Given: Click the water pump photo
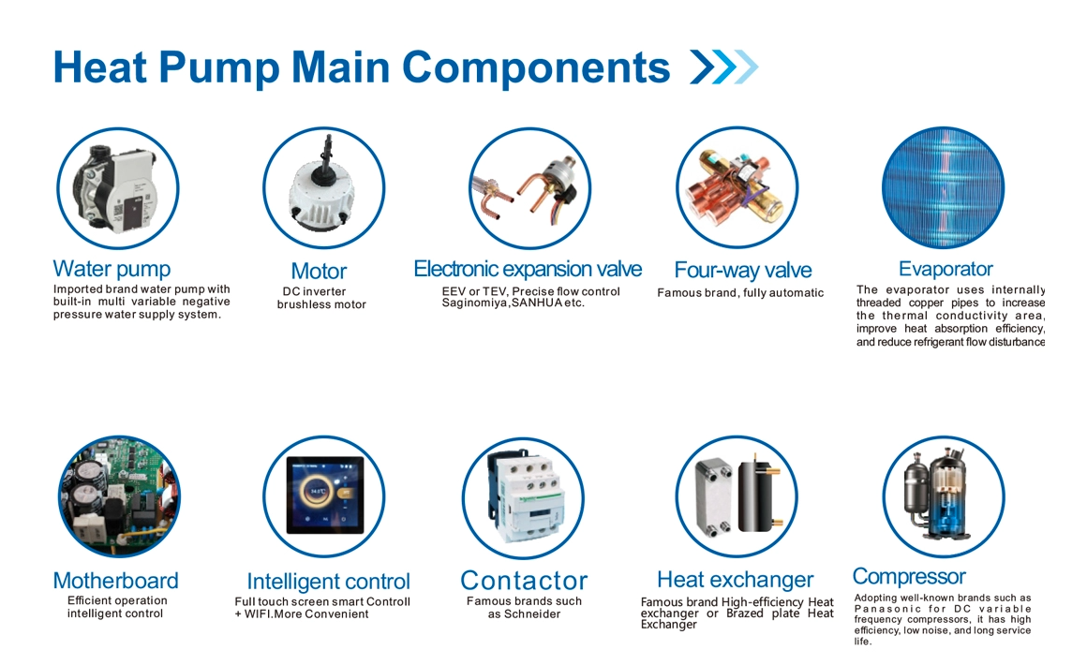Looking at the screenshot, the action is pyautogui.click(x=118, y=188).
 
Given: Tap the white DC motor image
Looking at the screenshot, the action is pyautogui.click(x=323, y=187).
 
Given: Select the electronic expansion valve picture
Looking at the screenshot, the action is pyautogui.click(x=530, y=188).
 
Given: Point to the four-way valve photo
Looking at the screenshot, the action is pyautogui.click(x=737, y=187).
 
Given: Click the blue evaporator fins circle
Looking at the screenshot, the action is pyautogui.click(x=943, y=187).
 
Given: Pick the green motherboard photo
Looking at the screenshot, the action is pyautogui.click(x=119, y=496).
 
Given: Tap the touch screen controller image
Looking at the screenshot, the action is pyautogui.click(x=324, y=496).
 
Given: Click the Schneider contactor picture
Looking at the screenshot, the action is pyautogui.click(x=524, y=498).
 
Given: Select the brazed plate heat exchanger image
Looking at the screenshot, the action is pyautogui.click(x=737, y=496).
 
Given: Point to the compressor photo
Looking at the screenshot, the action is pyautogui.click(x=944, y=496).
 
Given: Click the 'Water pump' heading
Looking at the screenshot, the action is pyautogui.click(x=112, y=269).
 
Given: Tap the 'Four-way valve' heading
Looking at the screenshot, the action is pyautogui.click(x=742, y=270).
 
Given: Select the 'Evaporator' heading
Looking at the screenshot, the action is pyautogui.click(x=946, y=269).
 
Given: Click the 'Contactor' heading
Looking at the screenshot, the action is pyautogui.click(x=524, y=581).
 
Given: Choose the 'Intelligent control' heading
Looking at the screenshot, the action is pyautogui.click(x=329, y=582).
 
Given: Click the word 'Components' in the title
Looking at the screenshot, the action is pyautogui.click(x=536, y=67).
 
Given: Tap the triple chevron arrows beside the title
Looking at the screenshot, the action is pyautogui.click(x=723, y=67).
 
